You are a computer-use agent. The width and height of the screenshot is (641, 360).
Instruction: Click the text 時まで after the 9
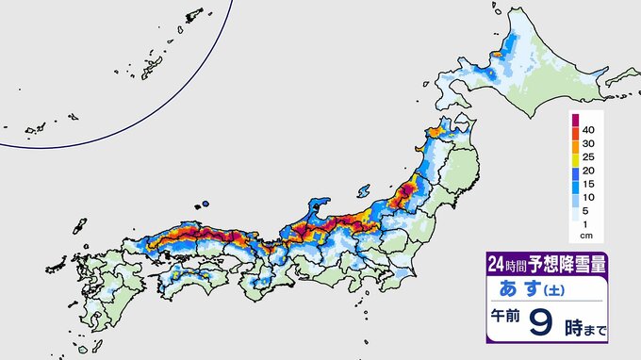pyautogui.click(x=583, y=331)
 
